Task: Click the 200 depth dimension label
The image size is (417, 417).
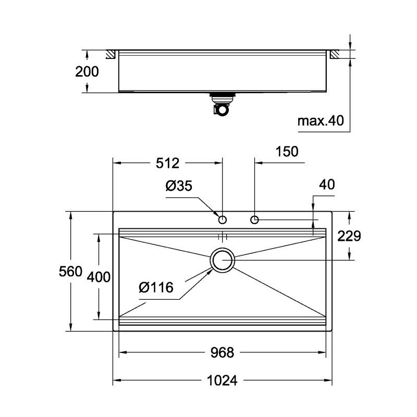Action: pos(87,72)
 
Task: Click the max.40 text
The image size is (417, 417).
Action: pos(320,121)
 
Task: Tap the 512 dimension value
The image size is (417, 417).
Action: pos(168,164)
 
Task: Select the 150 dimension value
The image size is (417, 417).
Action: pos(287,152)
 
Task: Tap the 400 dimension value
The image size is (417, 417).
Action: pos(97,277)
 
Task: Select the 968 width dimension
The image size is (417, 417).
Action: pos(222,353)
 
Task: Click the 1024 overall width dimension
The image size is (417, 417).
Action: pos(222,381)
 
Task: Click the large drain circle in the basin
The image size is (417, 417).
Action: pos(223,260)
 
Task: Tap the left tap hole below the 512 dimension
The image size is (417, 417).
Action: pos(222,219)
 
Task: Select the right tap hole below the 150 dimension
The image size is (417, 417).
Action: pos(255,219)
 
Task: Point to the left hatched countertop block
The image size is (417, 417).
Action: pos(112,54)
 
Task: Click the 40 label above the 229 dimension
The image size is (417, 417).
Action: pos(327,185)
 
